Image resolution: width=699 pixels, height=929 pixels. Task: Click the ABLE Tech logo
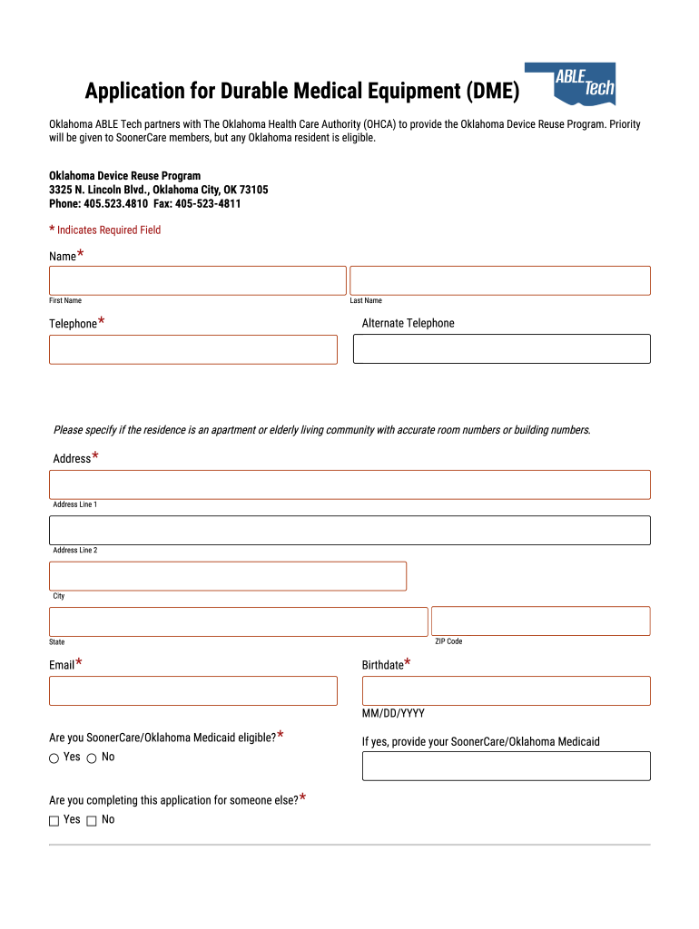coord(584,83)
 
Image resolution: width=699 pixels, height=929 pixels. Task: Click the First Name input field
coord(198,280)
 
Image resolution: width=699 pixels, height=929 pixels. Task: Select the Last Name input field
coord(500,280)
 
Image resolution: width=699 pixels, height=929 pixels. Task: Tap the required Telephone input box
coord(193,349)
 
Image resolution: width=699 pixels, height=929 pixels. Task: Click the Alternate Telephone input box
coord(502,349)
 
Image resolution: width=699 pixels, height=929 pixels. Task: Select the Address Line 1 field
coord(349,484)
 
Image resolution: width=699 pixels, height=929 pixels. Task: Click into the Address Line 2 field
coord(349,531)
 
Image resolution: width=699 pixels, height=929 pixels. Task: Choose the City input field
coord(228,576)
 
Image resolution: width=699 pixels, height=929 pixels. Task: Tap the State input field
coord(238,621)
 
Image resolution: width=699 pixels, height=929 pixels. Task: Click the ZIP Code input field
coord(541,621)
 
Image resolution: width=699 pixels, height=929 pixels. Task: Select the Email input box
coord(193,690)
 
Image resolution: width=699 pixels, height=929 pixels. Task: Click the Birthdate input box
coord(507,690)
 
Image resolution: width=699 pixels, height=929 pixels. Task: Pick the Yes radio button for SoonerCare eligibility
coord(54,758)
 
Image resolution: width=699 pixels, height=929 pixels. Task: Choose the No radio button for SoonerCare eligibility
coord(92,758)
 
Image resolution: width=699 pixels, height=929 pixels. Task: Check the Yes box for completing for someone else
coord(54,821)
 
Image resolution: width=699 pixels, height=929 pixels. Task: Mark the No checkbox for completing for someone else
coord(92,821)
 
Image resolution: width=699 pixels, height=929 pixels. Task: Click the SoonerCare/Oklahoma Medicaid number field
coord(507,766)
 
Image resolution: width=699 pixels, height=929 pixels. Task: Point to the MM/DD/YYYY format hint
coord(393,714)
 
